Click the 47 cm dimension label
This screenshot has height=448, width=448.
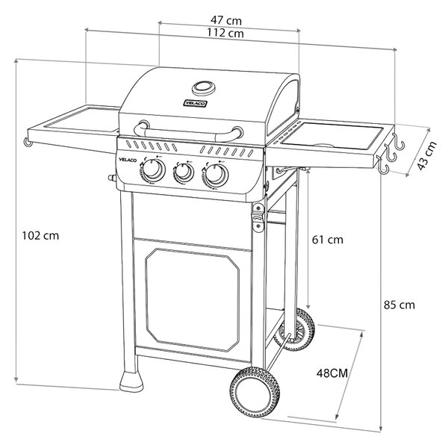226,21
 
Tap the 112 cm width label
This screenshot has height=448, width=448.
225,33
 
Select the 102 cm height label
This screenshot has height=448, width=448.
40,236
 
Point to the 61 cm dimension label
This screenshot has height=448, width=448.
328,240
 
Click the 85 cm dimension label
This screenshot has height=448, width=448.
399,305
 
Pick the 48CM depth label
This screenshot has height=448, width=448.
332,373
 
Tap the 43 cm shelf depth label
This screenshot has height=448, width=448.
427,156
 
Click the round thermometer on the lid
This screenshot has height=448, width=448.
203,88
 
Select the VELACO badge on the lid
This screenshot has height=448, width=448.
195,104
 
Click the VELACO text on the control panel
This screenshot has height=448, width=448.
128,160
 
